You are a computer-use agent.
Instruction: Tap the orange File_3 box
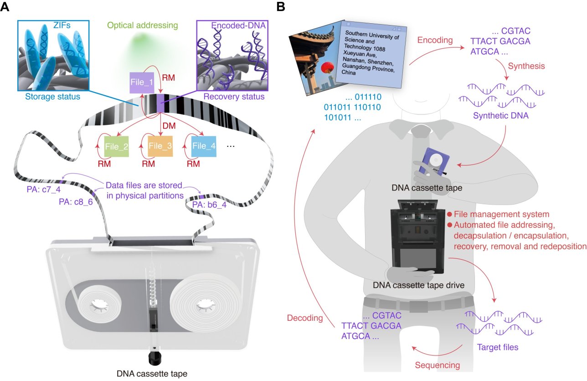coord(160,146)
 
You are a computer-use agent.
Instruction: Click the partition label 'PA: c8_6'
coord(76,202)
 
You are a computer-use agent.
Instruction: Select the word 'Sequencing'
coord(438,365)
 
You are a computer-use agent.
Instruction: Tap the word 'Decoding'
coord(305,318)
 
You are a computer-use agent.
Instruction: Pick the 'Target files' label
coord(497,347)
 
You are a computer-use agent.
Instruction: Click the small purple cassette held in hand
coord(434,163)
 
